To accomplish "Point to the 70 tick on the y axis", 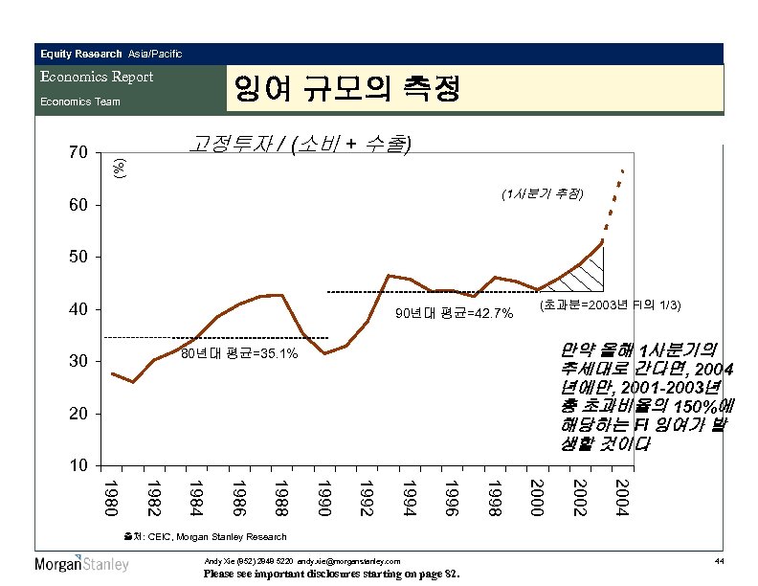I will [78, 152].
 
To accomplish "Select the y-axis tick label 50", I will [78, 257].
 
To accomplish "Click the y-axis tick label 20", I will [78, 414].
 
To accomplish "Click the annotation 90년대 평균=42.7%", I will [455, 314].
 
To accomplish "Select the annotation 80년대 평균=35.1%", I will [239, 354].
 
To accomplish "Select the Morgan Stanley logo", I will [82, 564].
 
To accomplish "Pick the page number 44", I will [719, 559].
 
